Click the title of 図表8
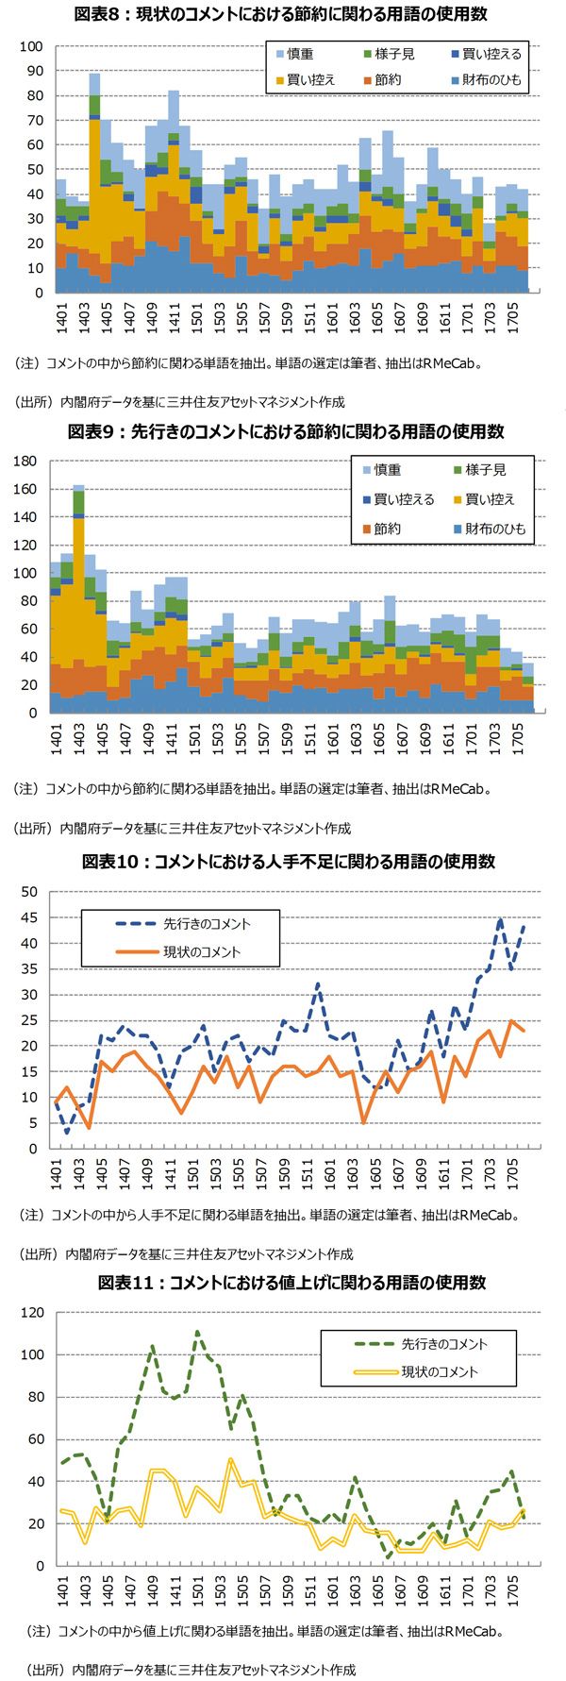(283, 15)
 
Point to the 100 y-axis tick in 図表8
(31, 46)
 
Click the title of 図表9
(283, 431)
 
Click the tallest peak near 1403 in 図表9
(78, 487)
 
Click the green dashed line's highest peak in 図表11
(197, 1333)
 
